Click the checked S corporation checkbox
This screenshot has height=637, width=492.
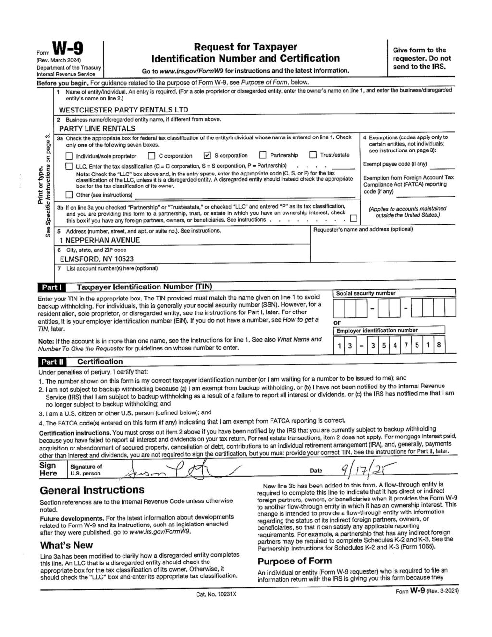pyautogui.click(x=207, y=155)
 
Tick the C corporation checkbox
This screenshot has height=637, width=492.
pyautogui.click(x=151, y=156)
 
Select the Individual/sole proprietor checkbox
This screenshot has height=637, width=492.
pyautogui.click(x=69, y=156)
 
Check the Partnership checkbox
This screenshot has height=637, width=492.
pyautogui.click(x=263, y=155)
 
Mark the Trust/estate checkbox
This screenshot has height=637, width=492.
pyautogui.click(x=313, y=155)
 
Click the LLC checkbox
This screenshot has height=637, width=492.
pyautogui.click(x=69, y=166)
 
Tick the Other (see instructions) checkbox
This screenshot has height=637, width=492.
pyautogui.click(x=69, y=195)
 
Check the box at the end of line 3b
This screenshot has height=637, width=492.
pyautogui.click(x=354, y=219)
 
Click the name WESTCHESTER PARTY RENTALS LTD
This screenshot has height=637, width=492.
pyautogui.click(x=123, y=110)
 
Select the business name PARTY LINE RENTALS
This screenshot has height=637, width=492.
pyautogui.click(x=97, y=128)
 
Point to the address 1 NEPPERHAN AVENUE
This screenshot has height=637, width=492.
pyautogui.click(x=100, y=240)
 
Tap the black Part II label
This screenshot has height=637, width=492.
pyautogui.click(x=51, y=362)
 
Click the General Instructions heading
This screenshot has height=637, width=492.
pyautogui.click(x=92, y=490)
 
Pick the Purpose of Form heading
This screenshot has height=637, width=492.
pyautogui.click(x=295, y=561)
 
